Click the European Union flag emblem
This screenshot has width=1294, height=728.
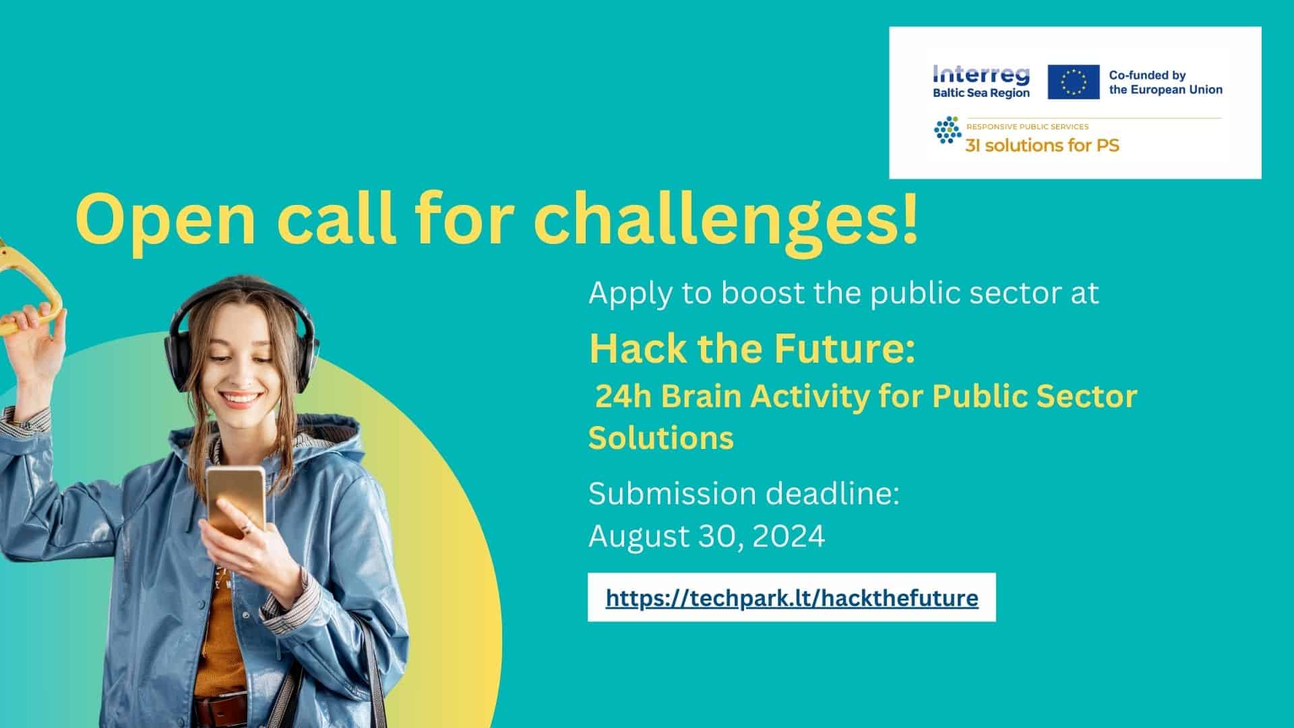pyautogui.click(x=1074, y=82)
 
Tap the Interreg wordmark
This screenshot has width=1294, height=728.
pyautogui.click(x=981, y=75)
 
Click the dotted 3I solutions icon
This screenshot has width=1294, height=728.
pyautogui.click(x=948, y=129)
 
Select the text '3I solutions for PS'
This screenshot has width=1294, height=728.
pyautogui.click(x=1042, y=144)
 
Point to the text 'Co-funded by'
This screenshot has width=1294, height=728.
pyautogui.click(x=1147, y=75)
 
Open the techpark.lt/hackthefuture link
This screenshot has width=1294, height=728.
pyautogui.click(x=792, y=599)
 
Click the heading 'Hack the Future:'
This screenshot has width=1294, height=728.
pyautogui.click(x=752, y=348)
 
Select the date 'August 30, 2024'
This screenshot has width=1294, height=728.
pyautogui.click(x=707, y=537)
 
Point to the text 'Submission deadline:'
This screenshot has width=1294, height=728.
pyautogui.click(x=744, y=493)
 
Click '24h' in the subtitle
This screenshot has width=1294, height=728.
pyautogui.click(x=623, y=396)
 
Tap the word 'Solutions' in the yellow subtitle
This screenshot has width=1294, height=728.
pyautogui.click(x=661, y=438)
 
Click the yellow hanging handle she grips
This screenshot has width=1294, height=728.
pyautogui.click(x=30, y=290)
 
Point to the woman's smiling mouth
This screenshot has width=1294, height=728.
pyautogui.click(x=242, y=399)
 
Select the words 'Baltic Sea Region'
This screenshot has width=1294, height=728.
pyautogui.click(x=981, y=93)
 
